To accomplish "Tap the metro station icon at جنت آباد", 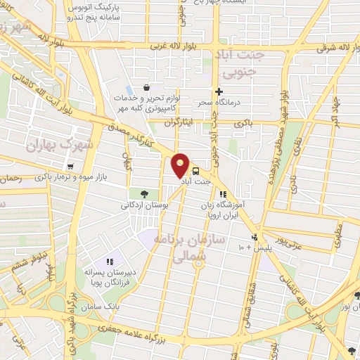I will [195, 170].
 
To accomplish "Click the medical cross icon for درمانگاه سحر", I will [219, 91].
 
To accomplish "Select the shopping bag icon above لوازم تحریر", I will [146, 87].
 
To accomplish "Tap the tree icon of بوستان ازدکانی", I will [143, 194].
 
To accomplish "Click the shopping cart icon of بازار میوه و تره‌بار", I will [70, 167].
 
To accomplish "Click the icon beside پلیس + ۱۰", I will [255, 237].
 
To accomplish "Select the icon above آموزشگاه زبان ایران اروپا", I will [223, 194].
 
